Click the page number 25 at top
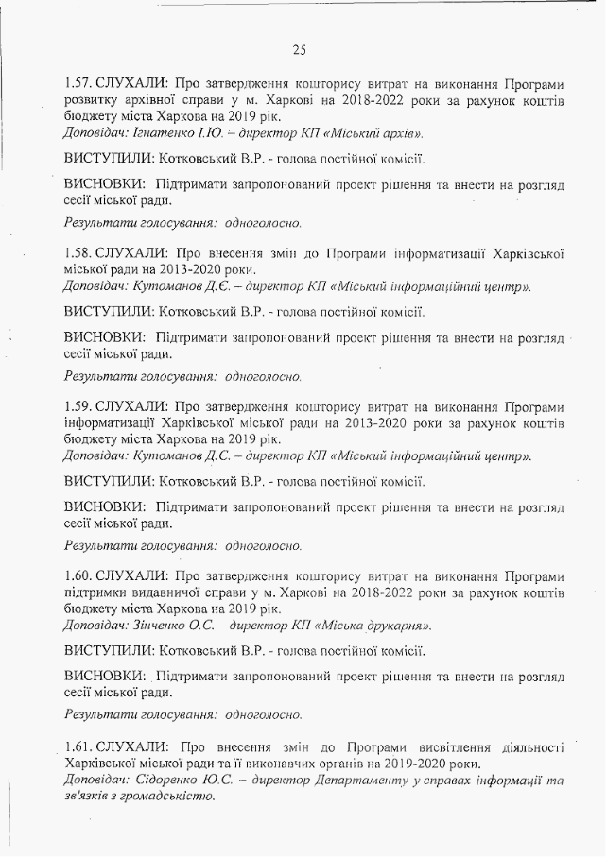299,49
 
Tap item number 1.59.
80,405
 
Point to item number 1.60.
80,575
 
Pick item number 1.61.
79,746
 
